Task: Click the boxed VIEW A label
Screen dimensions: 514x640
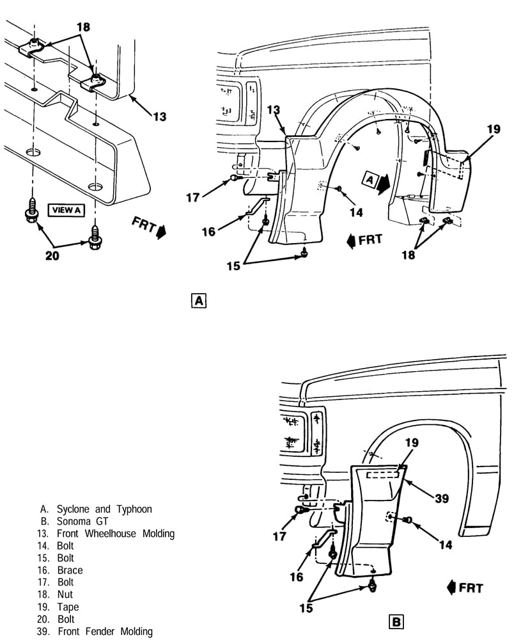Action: click(x=66, y=210)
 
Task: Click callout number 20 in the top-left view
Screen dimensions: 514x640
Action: click(x=52, y=256)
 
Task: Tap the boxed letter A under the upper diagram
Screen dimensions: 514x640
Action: click(x=199, y=301)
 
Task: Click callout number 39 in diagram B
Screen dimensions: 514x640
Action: click(x=442, y=499)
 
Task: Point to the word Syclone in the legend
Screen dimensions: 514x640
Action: click(x=72, y=509)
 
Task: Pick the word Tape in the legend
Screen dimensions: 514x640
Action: click(x=68, y=607)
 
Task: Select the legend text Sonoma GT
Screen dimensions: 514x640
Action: click(x=82, y=521)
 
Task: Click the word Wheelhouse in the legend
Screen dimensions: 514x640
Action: click(x=111, y=534)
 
